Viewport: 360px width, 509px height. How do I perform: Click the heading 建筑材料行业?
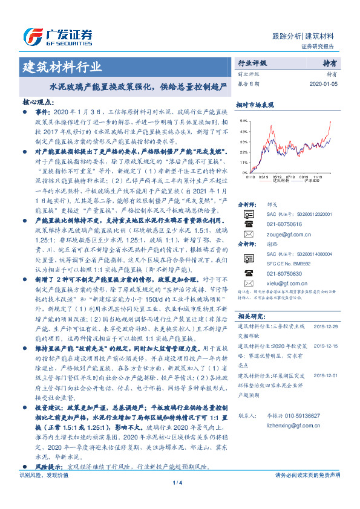[x=62, y=66]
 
